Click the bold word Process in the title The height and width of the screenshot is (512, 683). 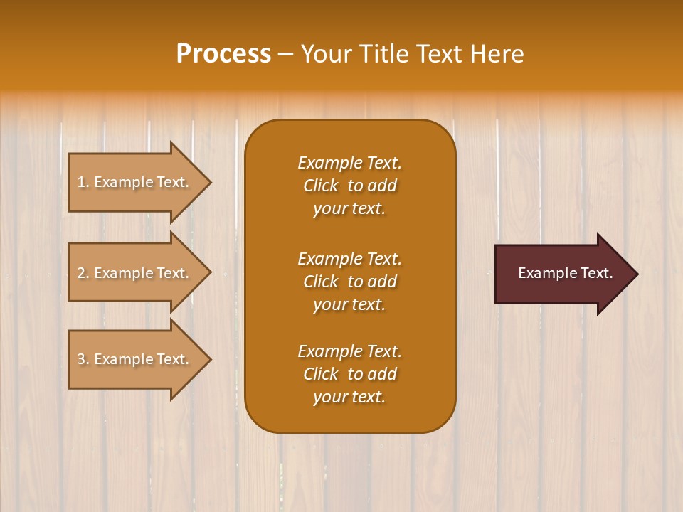223,54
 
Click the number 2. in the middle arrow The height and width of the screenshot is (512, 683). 83,273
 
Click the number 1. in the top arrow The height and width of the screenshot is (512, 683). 83,182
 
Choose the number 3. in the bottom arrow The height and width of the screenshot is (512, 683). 83,359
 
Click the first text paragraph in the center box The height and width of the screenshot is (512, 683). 349,186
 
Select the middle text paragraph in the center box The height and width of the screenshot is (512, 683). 349,282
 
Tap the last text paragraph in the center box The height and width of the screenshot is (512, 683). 349,374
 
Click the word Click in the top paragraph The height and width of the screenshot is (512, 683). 321,186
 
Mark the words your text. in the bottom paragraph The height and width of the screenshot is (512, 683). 349,397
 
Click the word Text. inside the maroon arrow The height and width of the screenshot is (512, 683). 594,273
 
